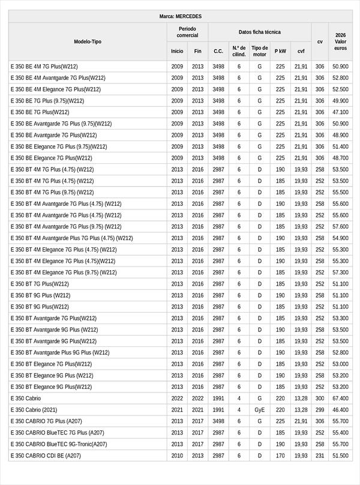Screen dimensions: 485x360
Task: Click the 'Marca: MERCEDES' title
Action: (180, 16)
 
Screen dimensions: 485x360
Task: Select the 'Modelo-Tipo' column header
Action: (88, 41)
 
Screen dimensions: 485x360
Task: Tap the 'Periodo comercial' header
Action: (187, 32)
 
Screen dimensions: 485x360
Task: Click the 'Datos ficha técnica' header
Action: (259, 32)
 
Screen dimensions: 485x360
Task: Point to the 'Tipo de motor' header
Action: (260, 51)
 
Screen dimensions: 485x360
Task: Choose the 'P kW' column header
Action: (280, 52)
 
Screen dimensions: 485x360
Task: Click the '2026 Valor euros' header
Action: (340, 41)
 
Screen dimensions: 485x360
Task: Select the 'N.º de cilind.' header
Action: (239, 51)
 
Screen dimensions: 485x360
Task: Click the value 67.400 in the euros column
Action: (340, 399)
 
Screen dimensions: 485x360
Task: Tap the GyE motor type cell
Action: (260, 410)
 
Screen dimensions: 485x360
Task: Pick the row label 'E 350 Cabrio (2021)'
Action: (36, 410)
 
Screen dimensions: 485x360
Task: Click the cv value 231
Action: (320, 456)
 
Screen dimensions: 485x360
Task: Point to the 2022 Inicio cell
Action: (177, 399)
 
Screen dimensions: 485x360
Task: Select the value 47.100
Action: (340, 112)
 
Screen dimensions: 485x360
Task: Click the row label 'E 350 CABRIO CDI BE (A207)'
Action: (46, 456)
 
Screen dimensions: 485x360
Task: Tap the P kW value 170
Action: (280, 456)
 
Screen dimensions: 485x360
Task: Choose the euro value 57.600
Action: (340, 227)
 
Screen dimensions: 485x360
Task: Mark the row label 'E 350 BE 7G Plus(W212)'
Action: (40, 112)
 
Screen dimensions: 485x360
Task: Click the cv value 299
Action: (320, 410)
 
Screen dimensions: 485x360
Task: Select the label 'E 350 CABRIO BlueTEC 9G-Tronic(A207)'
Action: (59, 444)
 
